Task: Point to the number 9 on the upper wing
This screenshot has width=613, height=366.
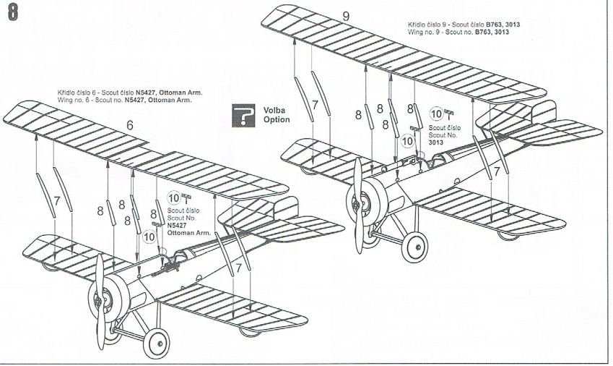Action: pos(346,16)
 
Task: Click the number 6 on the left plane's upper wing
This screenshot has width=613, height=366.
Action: pos(130,124)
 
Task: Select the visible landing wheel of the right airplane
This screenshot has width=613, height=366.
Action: pos(413,247)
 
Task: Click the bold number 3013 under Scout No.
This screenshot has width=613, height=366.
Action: pos(435,142)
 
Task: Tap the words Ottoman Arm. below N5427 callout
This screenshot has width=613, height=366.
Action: pos(183,232)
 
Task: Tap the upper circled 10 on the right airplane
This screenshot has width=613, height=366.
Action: pos(437,114)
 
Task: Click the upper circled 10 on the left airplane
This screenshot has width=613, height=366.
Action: pos(174,197)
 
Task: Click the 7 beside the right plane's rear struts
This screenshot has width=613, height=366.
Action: pos(496,172)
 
